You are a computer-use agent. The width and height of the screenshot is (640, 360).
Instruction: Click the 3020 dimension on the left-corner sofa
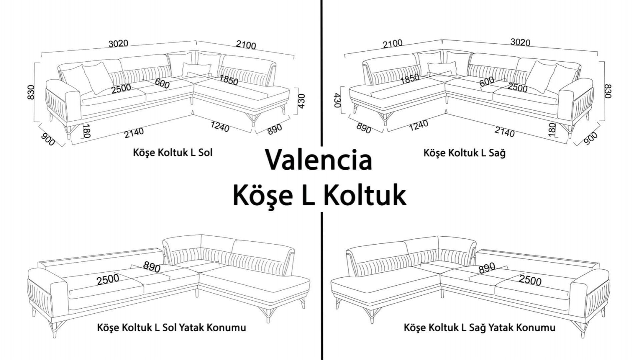tap(118, 44)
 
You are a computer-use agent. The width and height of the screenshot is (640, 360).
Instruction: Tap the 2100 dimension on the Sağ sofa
tap(393, 44)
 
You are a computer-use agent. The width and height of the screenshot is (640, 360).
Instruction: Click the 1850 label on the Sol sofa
tap(228, 80)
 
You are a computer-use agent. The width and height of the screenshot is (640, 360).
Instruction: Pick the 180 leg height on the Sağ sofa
tap(552, 130)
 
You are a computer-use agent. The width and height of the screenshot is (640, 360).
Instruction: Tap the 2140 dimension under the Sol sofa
tap(134, 133)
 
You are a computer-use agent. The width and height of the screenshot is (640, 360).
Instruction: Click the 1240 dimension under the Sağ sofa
tap(418, 126)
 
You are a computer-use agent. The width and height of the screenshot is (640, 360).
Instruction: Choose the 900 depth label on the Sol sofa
tap(47, 139)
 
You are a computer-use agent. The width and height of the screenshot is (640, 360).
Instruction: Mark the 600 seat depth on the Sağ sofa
tap(487, 82)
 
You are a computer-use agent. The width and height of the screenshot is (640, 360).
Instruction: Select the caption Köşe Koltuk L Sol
tap(173, 153)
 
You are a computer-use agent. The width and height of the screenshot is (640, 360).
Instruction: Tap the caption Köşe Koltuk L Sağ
tap(464, 152)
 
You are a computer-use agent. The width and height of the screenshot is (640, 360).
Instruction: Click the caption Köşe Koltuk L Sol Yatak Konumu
tap(172, 327)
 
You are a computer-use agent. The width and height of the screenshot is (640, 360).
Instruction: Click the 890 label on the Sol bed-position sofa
tap(152, 267)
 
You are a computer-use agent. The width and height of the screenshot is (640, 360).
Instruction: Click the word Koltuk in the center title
tap(365, 195)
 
